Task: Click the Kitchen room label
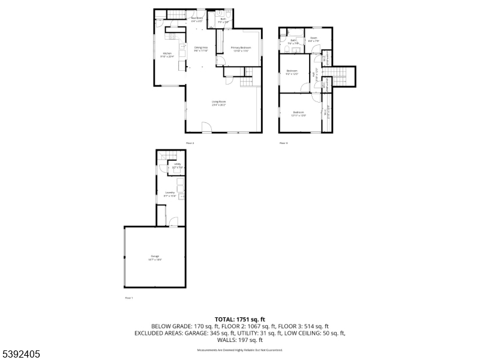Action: (x=167, y=55)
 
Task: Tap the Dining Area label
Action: (x=200, y=49)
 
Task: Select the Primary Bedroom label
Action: (x=241, y=49)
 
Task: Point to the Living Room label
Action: (x=218, y=103)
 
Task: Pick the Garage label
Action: (x=155, y=258)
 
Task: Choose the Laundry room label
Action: (x=170, y=194)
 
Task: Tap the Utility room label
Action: (x=177, y=165)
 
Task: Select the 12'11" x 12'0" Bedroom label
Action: (x=298, y=113)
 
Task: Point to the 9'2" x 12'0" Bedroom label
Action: (x=292, y=72)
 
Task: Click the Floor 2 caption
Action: (x=190, y=143)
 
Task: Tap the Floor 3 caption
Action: (x=284, y=143)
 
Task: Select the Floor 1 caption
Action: (x=128, y=298)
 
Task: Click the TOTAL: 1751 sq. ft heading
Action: (x=239, y=319)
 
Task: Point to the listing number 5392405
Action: (x=22, y=354)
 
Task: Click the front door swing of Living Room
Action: (x=206, y=127)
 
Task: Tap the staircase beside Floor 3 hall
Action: (x=340, y=76)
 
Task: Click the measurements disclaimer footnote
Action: (x=239, y=350)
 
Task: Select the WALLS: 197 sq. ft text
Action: (x=239, y=340)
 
